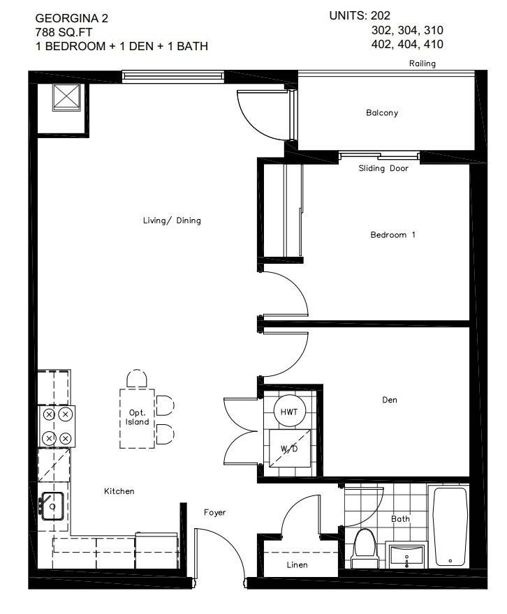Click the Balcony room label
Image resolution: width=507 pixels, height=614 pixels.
[381, 112]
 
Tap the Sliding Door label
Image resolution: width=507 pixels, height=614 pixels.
[383, 168]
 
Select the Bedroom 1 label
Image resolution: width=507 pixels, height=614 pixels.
[392, 234]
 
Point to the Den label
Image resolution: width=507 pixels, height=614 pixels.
[390, 400]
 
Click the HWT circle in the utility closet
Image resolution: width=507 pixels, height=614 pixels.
[288, 412]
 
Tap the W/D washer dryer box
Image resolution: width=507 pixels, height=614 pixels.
[289, 447]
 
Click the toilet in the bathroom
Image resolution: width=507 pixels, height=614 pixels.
[364, 546]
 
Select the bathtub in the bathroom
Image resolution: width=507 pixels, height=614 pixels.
[450, 527]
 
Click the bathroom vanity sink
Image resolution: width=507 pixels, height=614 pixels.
[406, 556]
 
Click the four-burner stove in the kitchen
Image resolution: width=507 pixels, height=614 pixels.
[57, 426]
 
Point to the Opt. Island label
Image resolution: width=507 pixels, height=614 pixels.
[137, 417]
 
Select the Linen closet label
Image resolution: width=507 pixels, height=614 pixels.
[297, 564]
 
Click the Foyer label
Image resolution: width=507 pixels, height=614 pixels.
[215, 512]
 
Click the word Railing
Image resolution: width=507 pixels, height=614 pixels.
[422, 63]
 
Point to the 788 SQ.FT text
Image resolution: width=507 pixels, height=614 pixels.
[64, 32]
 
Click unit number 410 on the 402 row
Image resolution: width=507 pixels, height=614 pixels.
[428, 45]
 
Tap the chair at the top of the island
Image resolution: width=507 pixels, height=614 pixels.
[137, 380]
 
